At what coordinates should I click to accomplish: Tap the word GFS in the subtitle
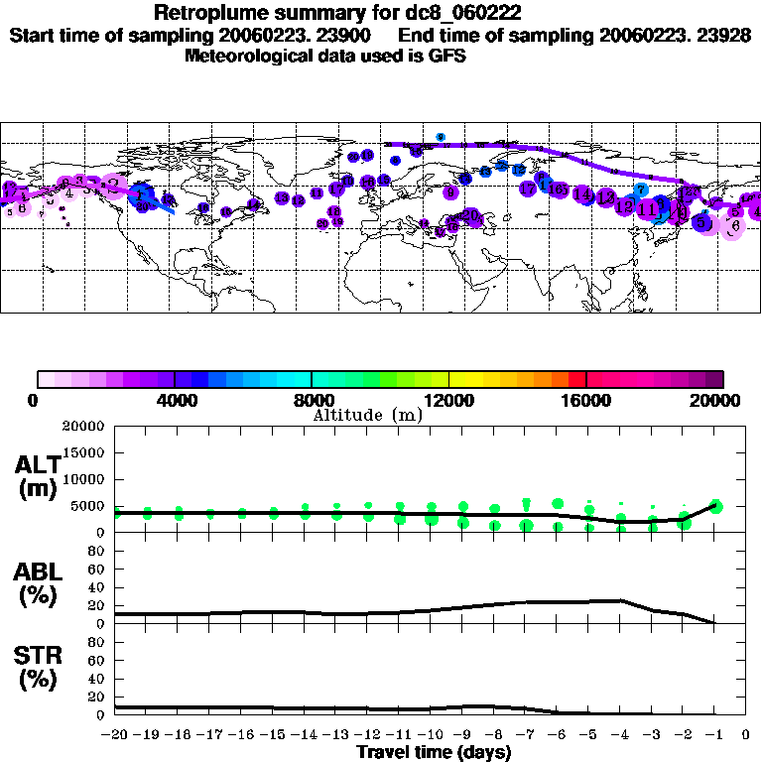[x=446, y=56]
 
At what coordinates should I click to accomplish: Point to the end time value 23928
[x=721, y=35]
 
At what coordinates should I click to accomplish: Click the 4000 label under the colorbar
[x=175, y=400]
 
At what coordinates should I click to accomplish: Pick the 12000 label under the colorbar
[x=448, y=400]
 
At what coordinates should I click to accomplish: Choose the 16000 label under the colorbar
[x=585, y=400]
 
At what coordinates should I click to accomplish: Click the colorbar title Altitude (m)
[x=367, y=415]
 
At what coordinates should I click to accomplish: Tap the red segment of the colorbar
[x=576, y=378]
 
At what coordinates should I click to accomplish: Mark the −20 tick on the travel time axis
[x=114, y=735]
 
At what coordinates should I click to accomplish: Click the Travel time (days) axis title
[x=434, y=752]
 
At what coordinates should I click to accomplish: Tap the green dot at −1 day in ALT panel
[x=715, y=506]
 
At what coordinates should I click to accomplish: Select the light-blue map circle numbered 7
[x=641, y=189]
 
